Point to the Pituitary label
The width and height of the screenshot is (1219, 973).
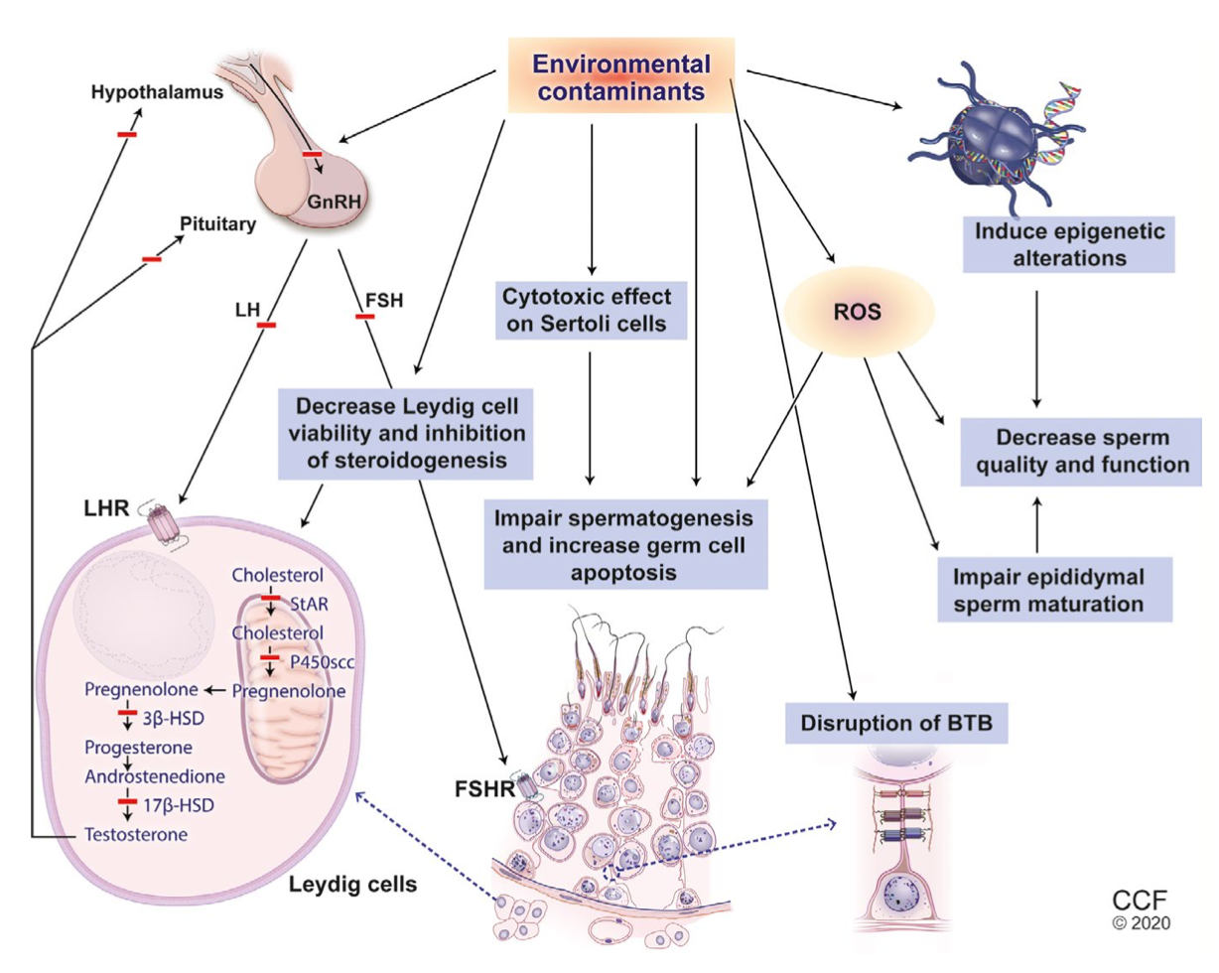(x=218, y=223)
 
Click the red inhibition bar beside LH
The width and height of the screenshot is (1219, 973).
(x=265, y=324)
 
